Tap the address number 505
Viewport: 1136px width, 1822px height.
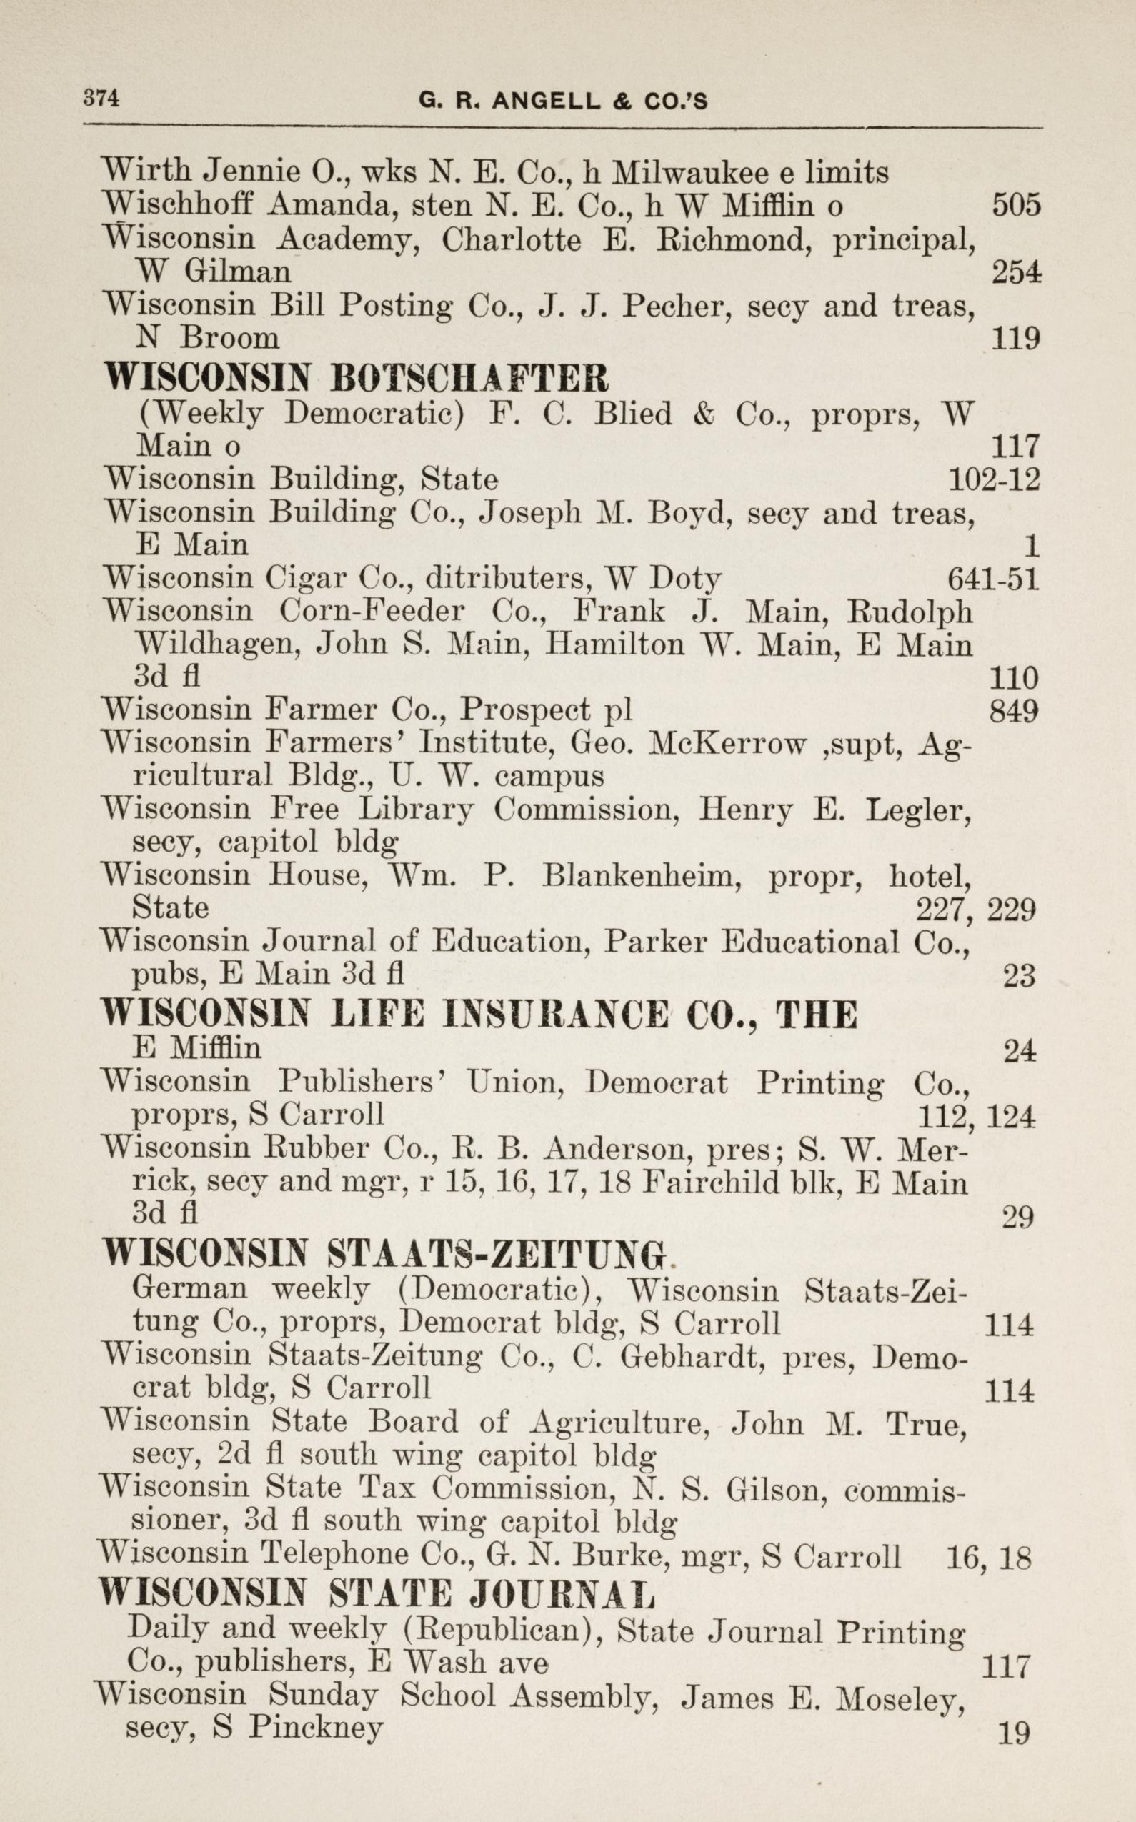pos(1016,204)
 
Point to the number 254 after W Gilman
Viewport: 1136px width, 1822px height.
pos(1016,272)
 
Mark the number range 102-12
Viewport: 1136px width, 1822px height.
pos(994,479)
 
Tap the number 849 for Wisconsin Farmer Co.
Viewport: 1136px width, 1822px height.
pos(1014,710)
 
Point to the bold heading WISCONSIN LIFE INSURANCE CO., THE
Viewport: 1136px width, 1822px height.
pos(479,1015)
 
